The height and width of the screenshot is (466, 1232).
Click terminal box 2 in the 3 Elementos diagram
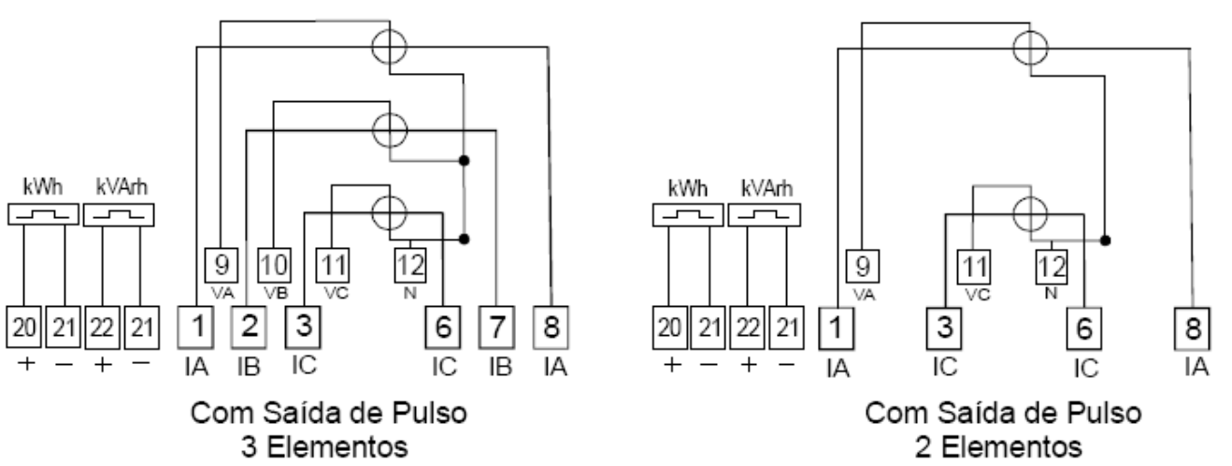tap(249, 328)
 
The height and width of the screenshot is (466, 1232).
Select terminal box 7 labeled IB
tap(496, 328)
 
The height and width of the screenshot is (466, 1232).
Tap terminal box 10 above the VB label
tap(275, 265)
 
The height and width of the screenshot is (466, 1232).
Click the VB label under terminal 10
tap(276, 293)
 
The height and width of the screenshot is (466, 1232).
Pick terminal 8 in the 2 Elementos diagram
tap(1193, 328)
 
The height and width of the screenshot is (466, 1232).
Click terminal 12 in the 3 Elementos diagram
tap(410, 265)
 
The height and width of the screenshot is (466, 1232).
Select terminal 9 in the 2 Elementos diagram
tap(863, 267)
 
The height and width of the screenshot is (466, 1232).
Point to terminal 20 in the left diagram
tap(23, 328)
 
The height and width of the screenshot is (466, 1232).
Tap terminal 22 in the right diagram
tap(748, 328)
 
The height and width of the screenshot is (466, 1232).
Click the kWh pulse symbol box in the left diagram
tap(43, 214)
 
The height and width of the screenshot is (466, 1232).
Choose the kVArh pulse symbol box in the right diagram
tap(765, 215)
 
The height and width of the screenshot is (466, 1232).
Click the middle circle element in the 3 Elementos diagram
tap(390, 131)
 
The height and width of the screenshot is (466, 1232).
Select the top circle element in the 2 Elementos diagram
tap(1030, 48)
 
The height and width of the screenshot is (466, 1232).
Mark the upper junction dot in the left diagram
tap(465, 161)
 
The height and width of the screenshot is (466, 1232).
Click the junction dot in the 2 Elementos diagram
tap(1106, 240)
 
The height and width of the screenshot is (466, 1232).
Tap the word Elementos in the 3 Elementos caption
tap(337, 446)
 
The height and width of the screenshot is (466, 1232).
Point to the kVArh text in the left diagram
tap(122, 187)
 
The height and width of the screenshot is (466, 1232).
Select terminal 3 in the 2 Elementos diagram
tap(944, 328)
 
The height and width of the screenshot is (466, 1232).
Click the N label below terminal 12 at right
tap(1051, 294)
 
